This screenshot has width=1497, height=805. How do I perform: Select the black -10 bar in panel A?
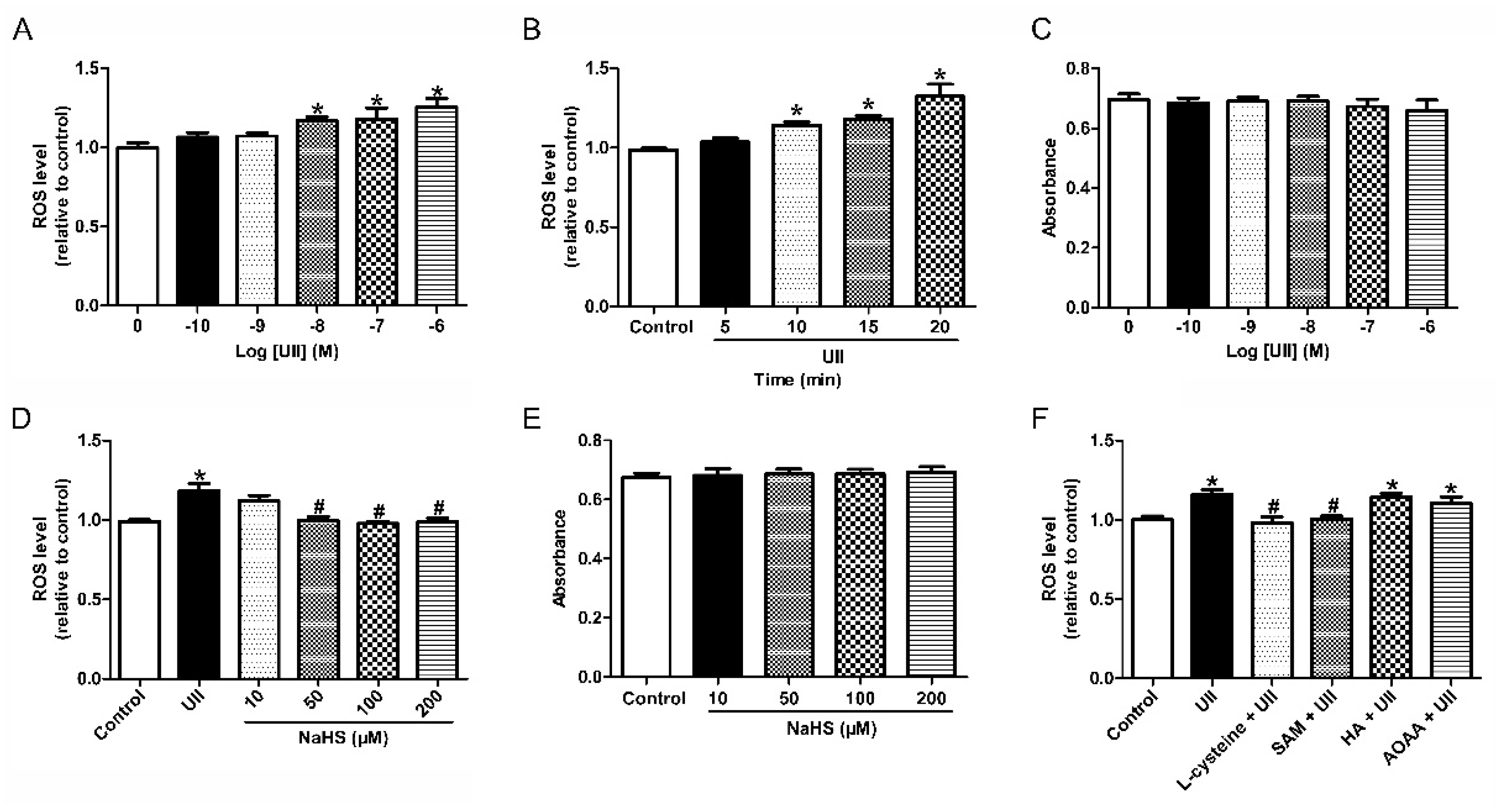[198, 221]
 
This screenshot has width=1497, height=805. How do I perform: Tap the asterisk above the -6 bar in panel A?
[437, 92]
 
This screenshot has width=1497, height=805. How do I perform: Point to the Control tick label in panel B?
[661, 327]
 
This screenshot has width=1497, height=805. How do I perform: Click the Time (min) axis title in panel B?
[797, 380]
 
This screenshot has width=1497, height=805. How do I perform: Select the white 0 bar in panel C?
[1129, 203]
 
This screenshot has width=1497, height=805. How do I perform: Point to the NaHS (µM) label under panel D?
[343, 738]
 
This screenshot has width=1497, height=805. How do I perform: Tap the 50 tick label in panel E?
[789, 698]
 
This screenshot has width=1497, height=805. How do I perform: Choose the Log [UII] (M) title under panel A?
[286, 351]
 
